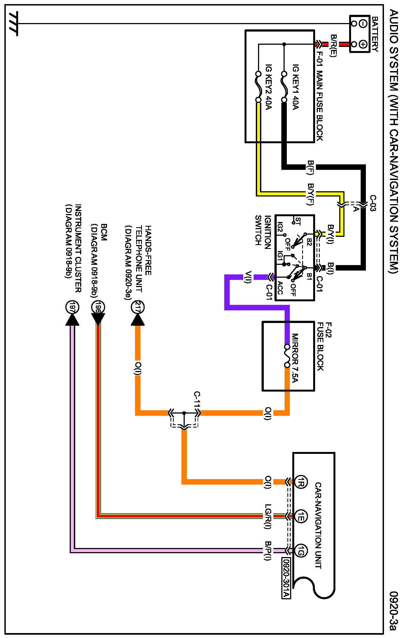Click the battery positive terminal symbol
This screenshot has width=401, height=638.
click(x=363, y=44)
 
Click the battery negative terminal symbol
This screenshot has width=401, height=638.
click(x=363, y=24)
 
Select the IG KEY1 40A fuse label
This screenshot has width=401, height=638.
click(x=296, y=87)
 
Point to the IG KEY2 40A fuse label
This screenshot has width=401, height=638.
click(x=268, y=87)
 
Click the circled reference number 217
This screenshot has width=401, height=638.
click(x=138, y=307)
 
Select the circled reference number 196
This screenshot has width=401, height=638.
click(x=98, y=307)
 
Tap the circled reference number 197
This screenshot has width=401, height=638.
click(x=72, y=307)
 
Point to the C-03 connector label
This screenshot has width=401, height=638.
click(x=373, y=203)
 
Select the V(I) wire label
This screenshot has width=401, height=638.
click(x=248, y=277)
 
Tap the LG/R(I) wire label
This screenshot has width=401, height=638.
click(x=268, y=516)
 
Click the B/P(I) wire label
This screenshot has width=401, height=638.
click(x=268, y=550)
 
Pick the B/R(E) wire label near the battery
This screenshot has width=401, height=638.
click(x=333, y=46)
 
